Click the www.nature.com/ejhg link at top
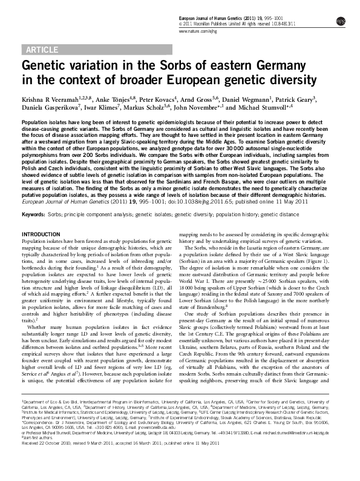(197, 30)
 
